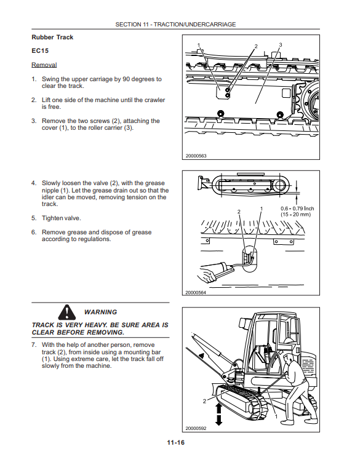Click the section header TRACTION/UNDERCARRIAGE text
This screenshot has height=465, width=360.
[194, 25]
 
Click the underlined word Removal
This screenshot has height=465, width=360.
[44, 65]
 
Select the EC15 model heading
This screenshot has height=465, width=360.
[40, 50]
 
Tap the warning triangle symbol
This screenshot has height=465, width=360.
[67, 312]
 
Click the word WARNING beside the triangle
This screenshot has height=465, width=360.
[100, 312]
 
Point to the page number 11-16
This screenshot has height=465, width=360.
[176, 442]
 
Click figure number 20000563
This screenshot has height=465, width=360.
[196, 156]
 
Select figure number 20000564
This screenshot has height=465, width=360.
[196, 292]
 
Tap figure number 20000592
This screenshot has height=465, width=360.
[196, 428]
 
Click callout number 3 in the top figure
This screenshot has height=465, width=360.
[281, 45]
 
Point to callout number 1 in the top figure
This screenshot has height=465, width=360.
[199, 45]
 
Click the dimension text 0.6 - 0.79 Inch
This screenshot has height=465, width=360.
[297, 209]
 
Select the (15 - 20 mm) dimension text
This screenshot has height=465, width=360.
[295, 215]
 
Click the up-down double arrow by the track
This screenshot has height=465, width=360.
[218, 414]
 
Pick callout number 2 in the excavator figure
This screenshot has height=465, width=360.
[204, 401]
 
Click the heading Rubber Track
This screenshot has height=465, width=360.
[52, 37]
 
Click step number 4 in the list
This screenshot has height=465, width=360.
[33, 183]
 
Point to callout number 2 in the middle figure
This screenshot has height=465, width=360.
[239, 212]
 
